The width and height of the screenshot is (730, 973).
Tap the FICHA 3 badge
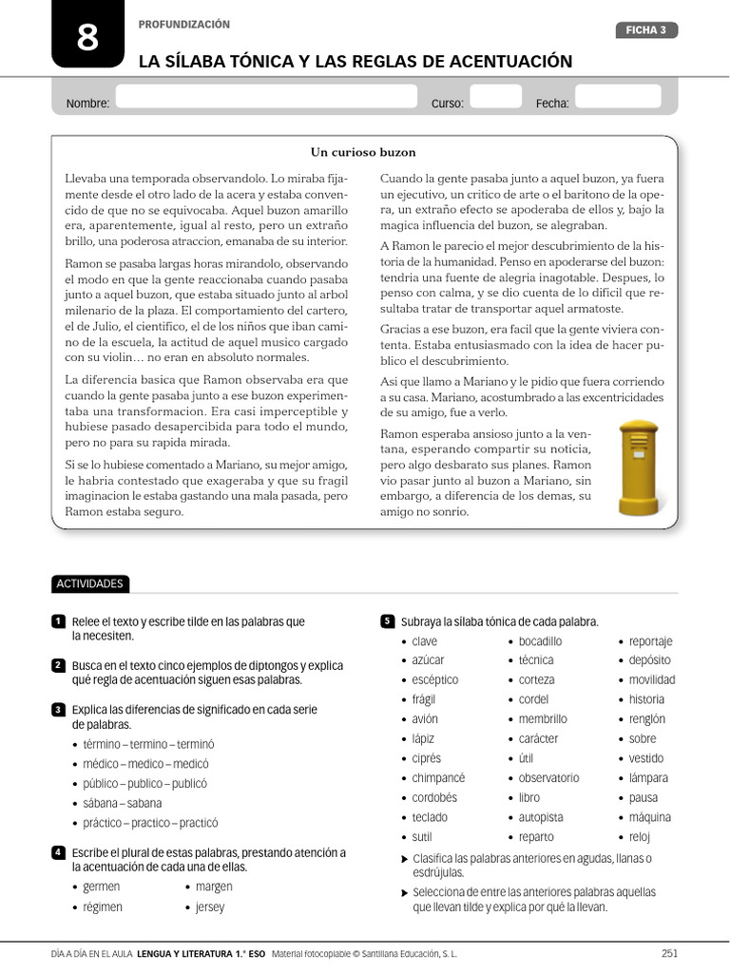[646, 30]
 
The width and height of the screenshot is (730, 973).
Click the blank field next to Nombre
[266, 97]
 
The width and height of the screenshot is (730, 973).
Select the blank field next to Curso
[496, 97]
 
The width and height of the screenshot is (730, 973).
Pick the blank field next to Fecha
[623, 97]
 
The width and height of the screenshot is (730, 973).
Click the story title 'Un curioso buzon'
[363, 152]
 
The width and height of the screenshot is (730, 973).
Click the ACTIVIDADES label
[90, 583]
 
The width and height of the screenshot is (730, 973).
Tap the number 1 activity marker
[58, 621]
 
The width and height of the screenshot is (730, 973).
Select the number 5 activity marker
[387, 621]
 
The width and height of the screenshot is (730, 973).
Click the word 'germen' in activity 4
[102, 887]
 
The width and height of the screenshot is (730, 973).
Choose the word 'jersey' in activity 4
[210, 907]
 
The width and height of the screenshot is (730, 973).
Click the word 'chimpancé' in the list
[438, 778]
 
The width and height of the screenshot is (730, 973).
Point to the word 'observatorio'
[548, 778]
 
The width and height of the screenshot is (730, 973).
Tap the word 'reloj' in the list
[640, 837]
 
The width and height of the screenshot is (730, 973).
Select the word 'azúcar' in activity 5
[428, 660]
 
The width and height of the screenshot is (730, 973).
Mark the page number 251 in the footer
[669, 953]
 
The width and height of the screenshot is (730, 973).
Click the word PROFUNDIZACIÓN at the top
[184, 25]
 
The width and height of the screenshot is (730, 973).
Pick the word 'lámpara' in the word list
[648, 778]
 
